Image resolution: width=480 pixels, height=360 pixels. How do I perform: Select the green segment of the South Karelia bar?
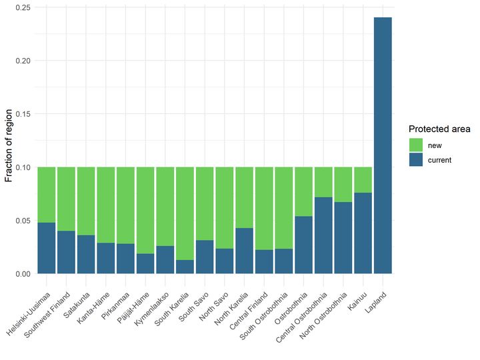185,213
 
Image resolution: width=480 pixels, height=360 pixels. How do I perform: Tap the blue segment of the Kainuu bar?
363,233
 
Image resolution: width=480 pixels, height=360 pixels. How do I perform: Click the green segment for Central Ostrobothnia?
323,182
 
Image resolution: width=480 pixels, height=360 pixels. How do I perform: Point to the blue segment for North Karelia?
244,251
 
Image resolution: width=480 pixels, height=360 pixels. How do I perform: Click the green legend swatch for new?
415,145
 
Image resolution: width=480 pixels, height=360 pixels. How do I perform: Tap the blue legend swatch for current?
415,160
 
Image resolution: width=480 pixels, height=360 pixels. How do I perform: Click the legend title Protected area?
439,129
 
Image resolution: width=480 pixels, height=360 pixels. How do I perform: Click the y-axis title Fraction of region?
9,141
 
